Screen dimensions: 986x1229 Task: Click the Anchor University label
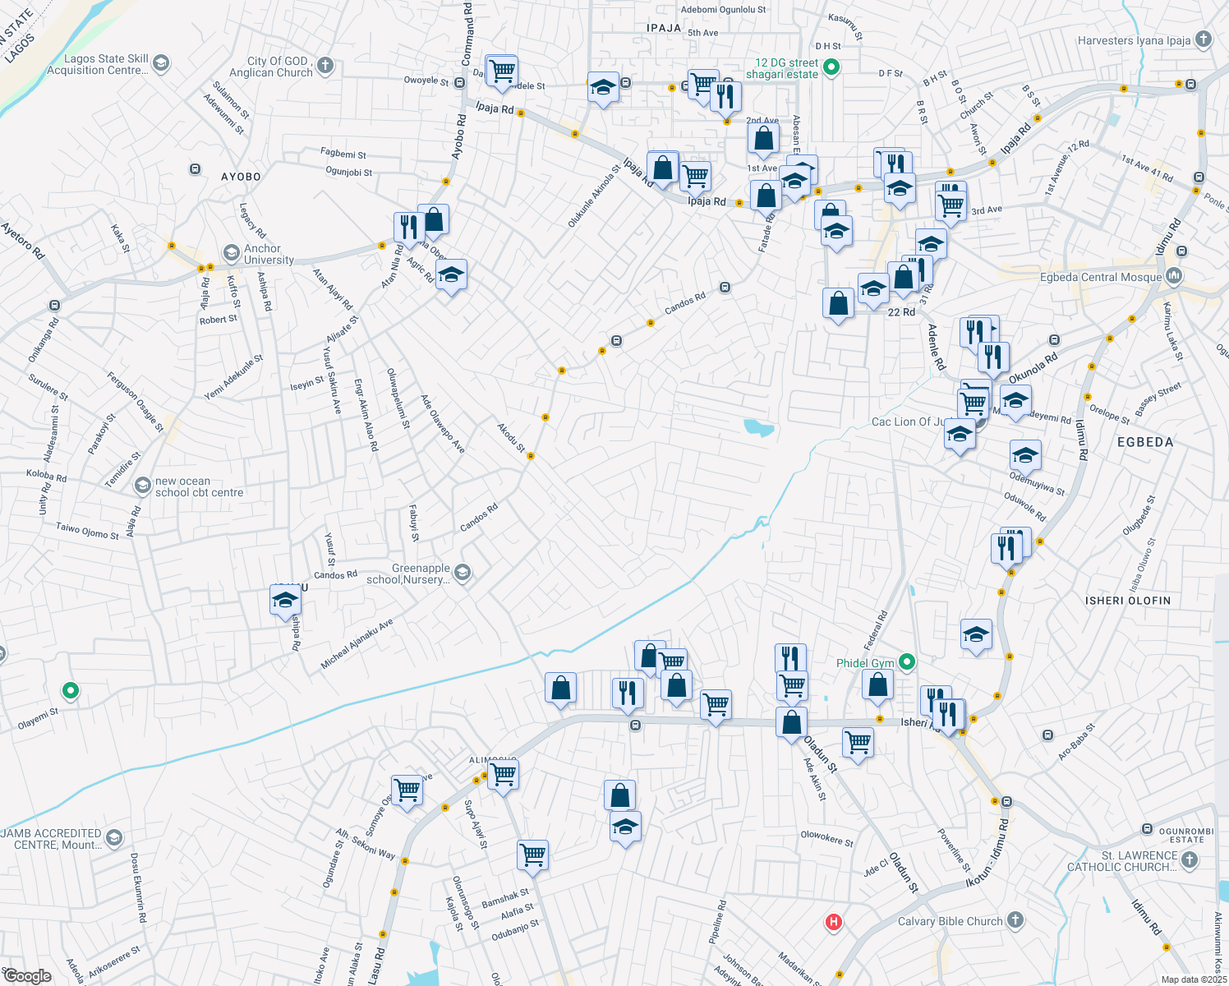(269, 254)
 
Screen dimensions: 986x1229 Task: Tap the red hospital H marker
(834, 922)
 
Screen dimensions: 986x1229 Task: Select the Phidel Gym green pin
(907, 661)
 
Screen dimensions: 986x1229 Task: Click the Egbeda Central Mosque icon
(1174, 276)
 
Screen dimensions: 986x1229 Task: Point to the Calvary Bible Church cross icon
(1015, 919)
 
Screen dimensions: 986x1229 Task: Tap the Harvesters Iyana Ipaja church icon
(1204, 39)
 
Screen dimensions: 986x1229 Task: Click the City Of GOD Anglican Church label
(279, 67)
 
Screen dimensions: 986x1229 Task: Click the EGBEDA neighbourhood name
(1145, 442)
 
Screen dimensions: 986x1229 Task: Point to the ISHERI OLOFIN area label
(1127, 601)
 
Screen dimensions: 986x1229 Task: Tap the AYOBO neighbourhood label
(241, 177)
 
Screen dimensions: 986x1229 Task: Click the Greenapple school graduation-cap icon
(463, 572)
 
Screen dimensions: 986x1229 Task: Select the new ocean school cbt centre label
(199, 487)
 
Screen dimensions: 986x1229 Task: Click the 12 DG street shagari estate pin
(831, 67)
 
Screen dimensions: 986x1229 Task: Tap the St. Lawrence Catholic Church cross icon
(1190, 860)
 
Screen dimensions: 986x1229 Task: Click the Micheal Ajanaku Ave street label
(357, 644)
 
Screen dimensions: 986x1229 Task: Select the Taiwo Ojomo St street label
(87, 531)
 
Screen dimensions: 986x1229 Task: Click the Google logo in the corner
(27, 976)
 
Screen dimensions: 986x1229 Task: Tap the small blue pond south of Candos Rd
(758, 427)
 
